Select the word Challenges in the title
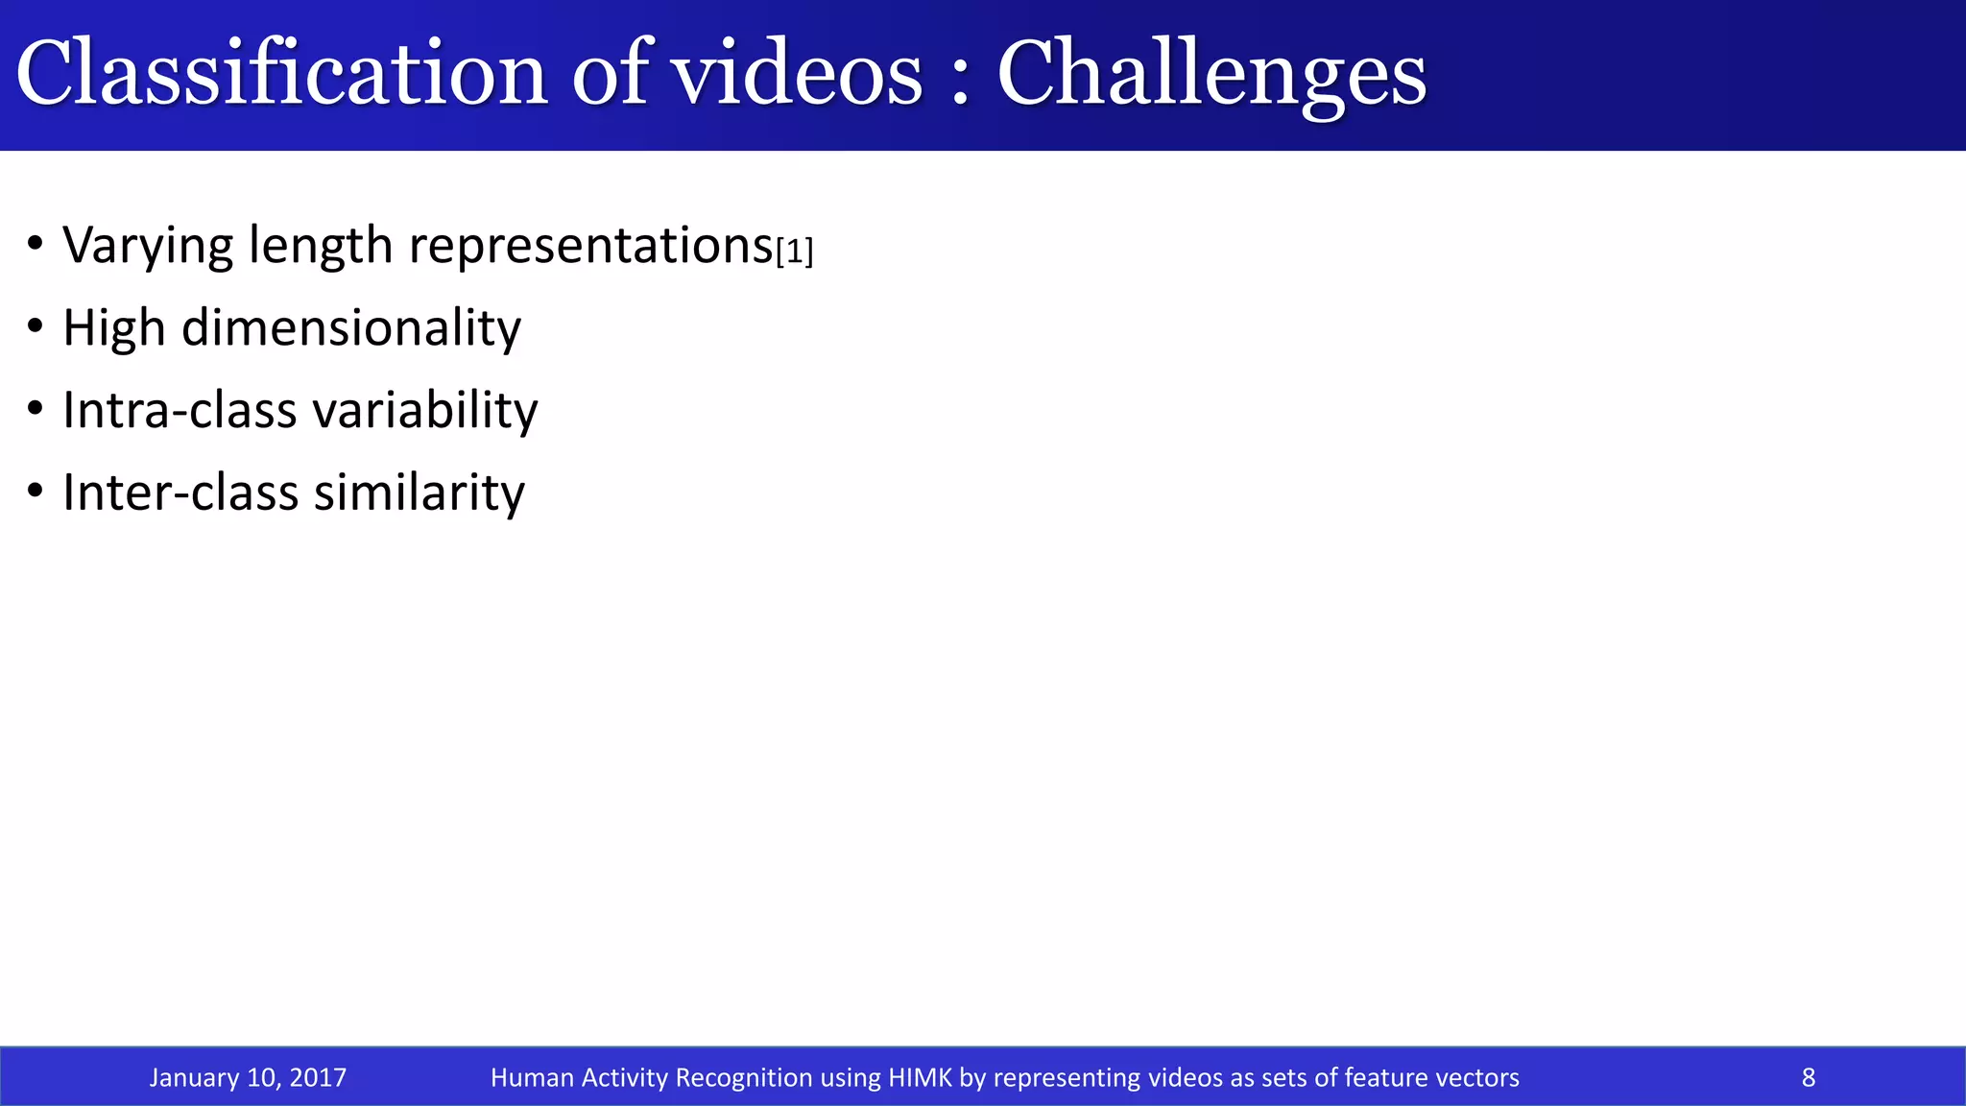[1211, 75]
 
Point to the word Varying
[147, 246]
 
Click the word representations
[590, 246]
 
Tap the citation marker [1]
[794, 252]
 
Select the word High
[113, 328]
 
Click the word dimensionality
[351, 328]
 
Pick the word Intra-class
[180, 410]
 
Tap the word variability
[425, 411]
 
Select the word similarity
[420, 493]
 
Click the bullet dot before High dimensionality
[36, 327]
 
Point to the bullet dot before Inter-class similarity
[36, 492]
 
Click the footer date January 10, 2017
[248, 1077]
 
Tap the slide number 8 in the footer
[1809, 1077]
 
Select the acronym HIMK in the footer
[920, 1077]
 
